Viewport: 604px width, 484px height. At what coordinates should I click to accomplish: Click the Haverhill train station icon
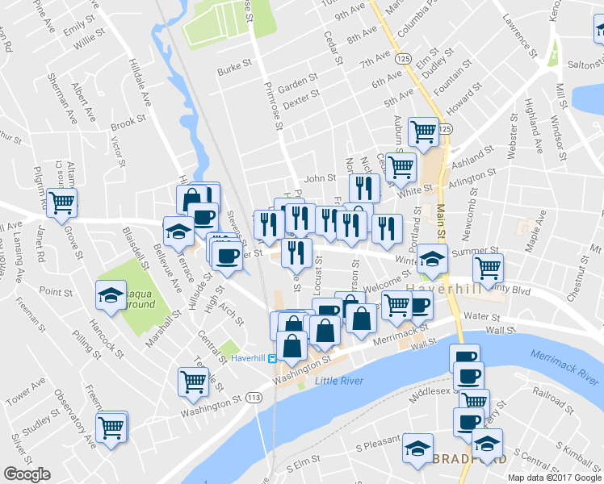(x=273, y=358)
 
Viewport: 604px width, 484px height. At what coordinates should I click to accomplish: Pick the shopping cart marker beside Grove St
(x=61, y=202)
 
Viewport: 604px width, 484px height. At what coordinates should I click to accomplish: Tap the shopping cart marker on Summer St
(x=488, y=267)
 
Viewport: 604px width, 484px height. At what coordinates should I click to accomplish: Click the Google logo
(x=27, y=474)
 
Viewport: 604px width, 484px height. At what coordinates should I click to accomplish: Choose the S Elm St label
(x=303, y=467)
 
